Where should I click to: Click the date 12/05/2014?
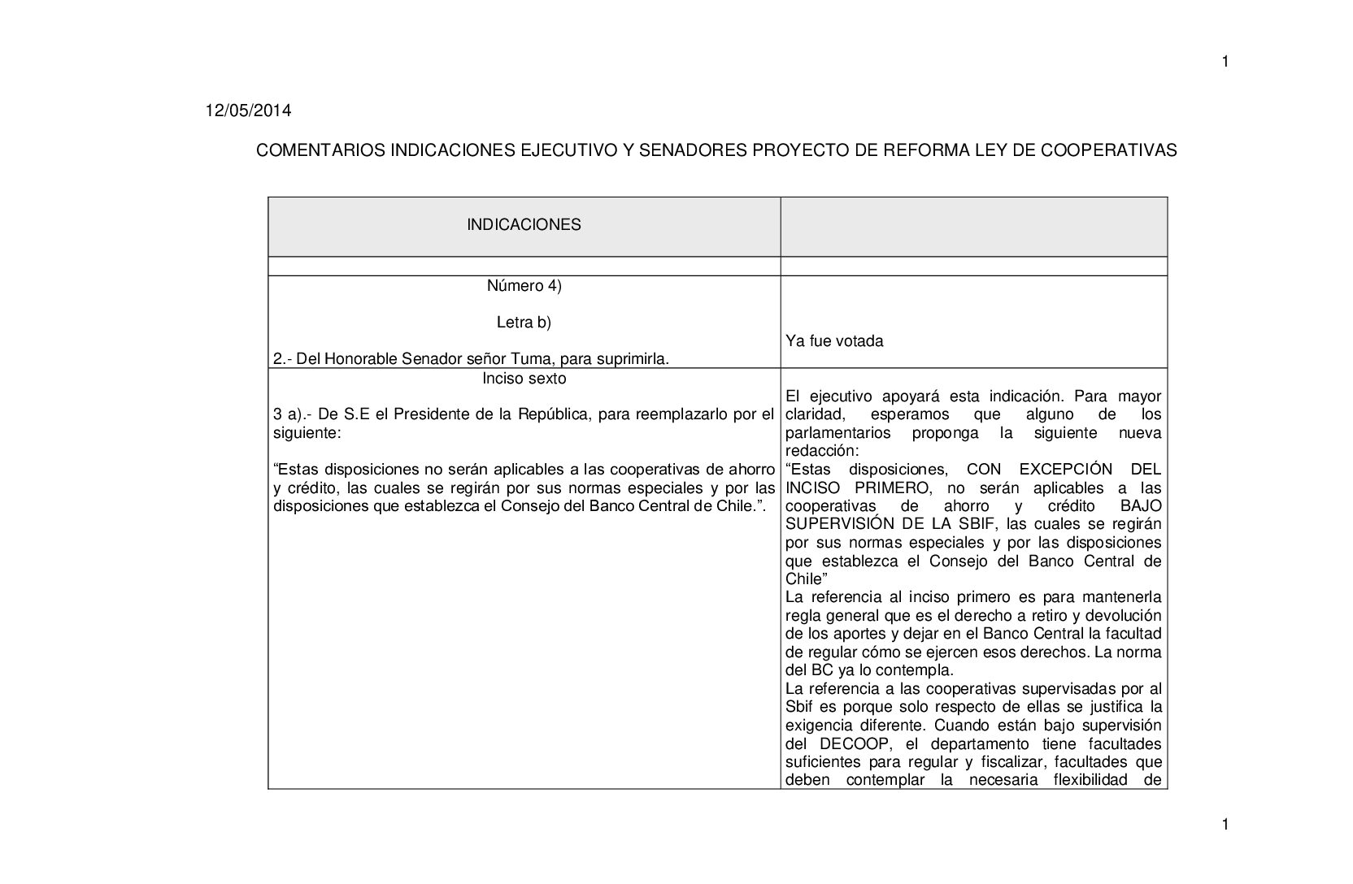click(247, 111)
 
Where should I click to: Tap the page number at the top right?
click(1225, 62)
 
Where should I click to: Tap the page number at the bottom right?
click(1225, 825)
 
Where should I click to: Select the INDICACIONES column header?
click(524, 225)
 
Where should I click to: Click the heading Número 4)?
click(524, 286)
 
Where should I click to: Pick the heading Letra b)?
click(524, 323)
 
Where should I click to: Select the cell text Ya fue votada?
click(834, 341)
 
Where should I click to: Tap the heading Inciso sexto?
click(524, 379)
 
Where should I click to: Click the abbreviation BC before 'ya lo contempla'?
click(821, 671)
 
